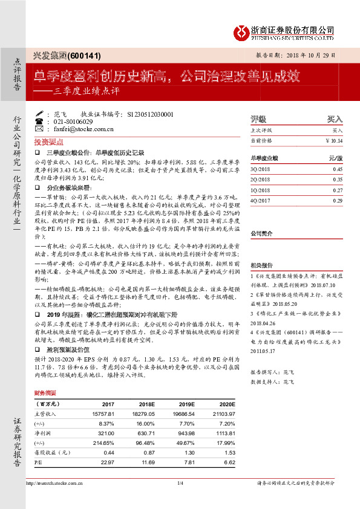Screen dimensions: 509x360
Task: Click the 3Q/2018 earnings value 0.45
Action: click(338, 170)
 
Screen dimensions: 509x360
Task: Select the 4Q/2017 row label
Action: click(261, 200)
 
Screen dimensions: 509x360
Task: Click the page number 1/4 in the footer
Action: click(180, 483)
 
